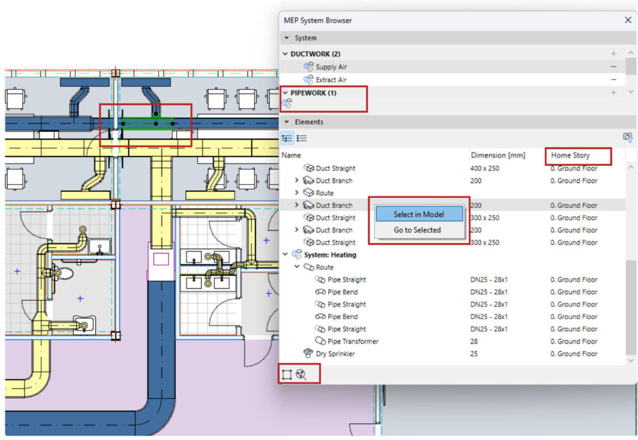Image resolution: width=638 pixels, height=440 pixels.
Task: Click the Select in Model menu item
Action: (x=419, y=214)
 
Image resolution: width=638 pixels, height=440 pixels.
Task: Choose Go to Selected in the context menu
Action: (x=417, y=230)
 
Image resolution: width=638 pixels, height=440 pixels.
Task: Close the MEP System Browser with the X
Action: (x=627, y=20)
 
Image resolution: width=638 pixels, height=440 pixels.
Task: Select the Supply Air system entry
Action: (x=331, y=67)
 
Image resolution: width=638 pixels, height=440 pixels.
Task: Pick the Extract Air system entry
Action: (x=331, y=80)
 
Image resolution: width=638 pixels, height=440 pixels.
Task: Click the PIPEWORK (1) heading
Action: (x=313, y=93)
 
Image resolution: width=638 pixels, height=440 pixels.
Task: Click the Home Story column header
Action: (x=570, y=155)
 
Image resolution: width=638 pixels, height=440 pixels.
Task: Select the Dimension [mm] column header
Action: (x=497, y=155)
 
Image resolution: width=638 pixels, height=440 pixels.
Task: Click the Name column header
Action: (x=291, y=155)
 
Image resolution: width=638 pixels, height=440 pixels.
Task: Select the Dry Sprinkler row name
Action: (x=335, y=354)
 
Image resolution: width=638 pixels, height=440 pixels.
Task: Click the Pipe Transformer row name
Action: (x=353, y=342)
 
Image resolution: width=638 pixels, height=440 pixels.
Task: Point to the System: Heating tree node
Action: (x=330, y=255)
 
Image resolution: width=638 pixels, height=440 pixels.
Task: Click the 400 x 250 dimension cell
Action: (x=485, y=168)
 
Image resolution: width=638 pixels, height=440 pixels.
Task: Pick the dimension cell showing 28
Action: (x=474, y=342)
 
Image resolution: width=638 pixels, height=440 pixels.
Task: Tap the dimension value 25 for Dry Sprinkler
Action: (x=474, y=354)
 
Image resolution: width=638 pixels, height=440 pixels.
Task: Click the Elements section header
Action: (x=309, y=122)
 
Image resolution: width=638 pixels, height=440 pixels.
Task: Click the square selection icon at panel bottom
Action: (x=287, y=375)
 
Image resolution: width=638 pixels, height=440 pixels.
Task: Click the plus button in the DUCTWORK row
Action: (x=614, y=54)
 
